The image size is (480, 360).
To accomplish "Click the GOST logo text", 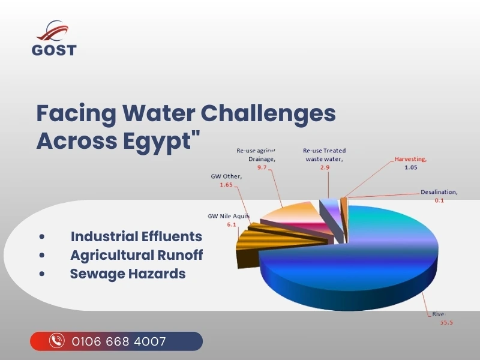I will pos(54,50).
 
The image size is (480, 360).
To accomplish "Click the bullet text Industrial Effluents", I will pos(136,236).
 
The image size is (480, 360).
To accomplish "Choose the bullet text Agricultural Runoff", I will pos(136,255).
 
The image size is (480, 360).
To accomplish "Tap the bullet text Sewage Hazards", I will pos(128,274).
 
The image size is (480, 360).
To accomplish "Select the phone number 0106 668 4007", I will pos(119,341).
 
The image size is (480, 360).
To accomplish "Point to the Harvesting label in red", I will pos(410,160).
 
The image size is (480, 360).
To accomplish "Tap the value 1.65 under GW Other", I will pos(226,185).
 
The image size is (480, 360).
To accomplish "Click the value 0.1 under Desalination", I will pos(439,201).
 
